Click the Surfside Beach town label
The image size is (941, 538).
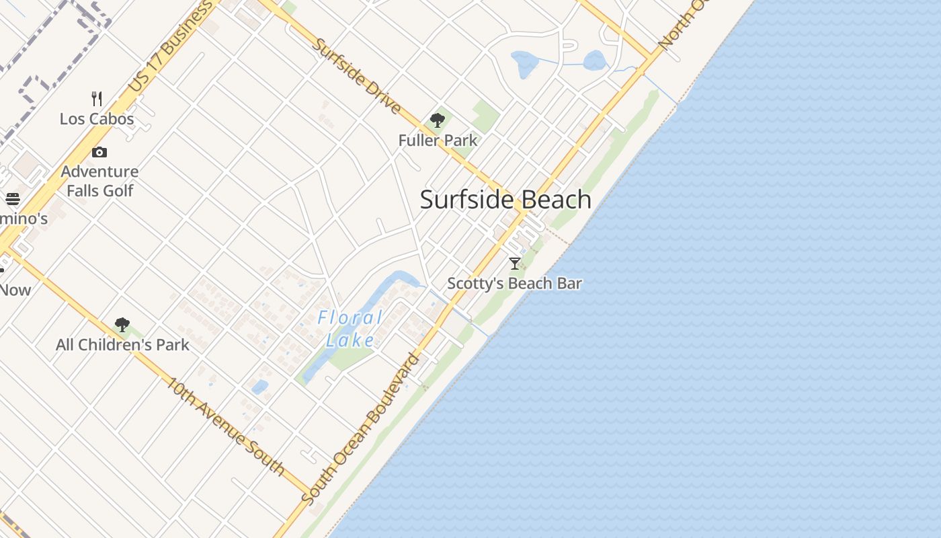click(505, 200)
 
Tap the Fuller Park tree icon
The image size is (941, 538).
click(438, 120)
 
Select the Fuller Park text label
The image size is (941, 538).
click(438, 141)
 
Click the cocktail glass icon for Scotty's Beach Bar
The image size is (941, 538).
click(515, 263)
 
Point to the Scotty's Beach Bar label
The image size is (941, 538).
click(514, 283)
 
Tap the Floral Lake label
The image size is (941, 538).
click(350, 328)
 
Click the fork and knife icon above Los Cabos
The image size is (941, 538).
click(97, 99)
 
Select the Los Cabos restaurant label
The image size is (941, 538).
click(97, 119)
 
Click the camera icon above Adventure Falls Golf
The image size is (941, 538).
click(99, 152)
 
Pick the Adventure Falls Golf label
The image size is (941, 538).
click(100, 181)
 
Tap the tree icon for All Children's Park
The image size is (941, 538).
click(122, 325)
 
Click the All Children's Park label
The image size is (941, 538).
click(122, 345)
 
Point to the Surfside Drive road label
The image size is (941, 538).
click(357, 76)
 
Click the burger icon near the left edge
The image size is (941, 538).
click(13, 199)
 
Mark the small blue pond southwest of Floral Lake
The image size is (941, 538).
click(259, 387)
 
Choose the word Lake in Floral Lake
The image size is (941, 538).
click(350, 340)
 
